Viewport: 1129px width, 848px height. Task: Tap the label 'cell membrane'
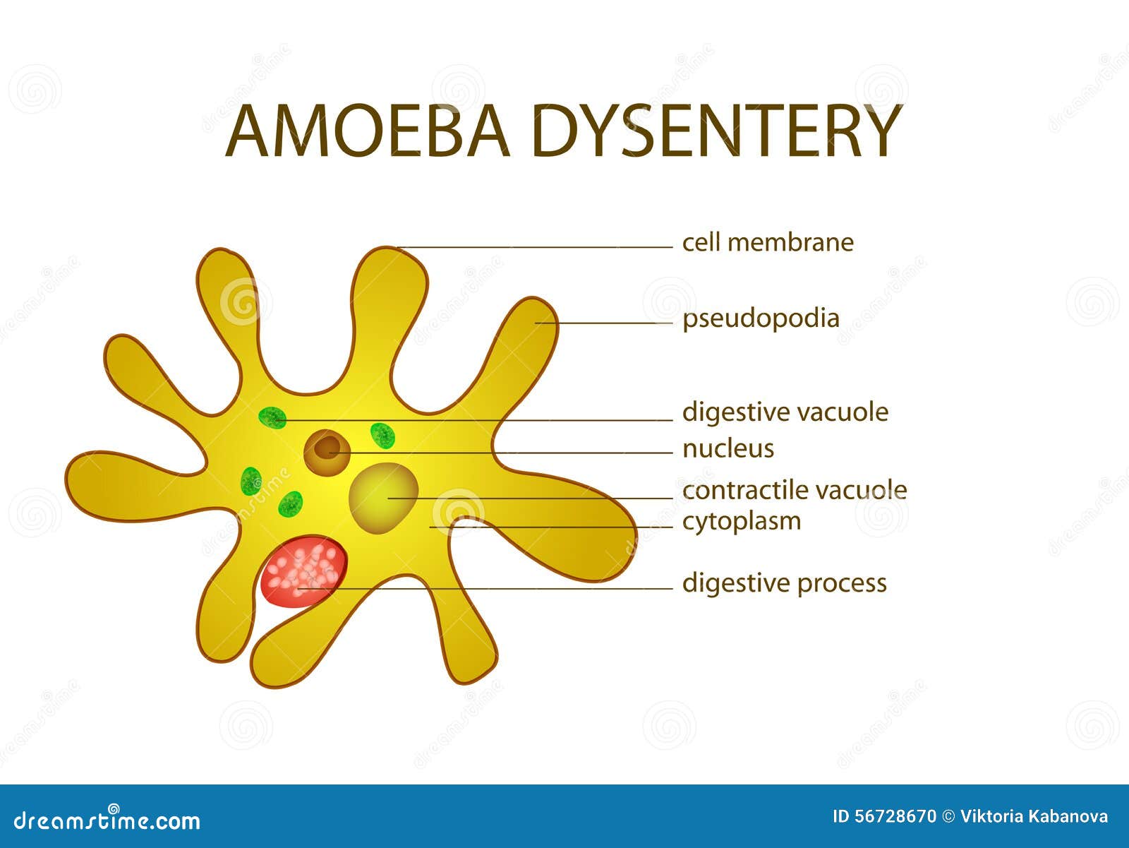click(x=768, y=242)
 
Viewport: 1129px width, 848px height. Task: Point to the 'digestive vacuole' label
click(x=785, y=412)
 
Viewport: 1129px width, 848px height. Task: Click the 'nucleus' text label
click(x=727, y=449)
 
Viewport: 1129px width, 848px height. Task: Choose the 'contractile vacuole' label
click(x=795, y=491)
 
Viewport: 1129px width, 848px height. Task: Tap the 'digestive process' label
click(x=785, y=583)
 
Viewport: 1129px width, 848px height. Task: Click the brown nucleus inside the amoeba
click(x=327, y=453)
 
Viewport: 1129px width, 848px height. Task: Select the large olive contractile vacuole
click(x=383, y=498)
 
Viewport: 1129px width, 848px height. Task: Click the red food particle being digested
click(x=303, y=571)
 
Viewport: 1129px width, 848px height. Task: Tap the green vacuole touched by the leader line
click(x=272, y=417)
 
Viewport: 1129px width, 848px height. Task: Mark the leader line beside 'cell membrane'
click(x=535, y=247)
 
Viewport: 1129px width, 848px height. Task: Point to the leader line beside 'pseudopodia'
click(x=604, y=323)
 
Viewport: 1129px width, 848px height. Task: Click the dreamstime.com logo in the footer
click(x=107, y=820)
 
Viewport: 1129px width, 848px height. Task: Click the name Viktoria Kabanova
click(x=1034, y=816)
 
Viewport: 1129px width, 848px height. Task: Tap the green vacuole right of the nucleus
click(x=382, y=436)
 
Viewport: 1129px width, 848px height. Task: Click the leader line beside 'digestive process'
click(x=485, y=588)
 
